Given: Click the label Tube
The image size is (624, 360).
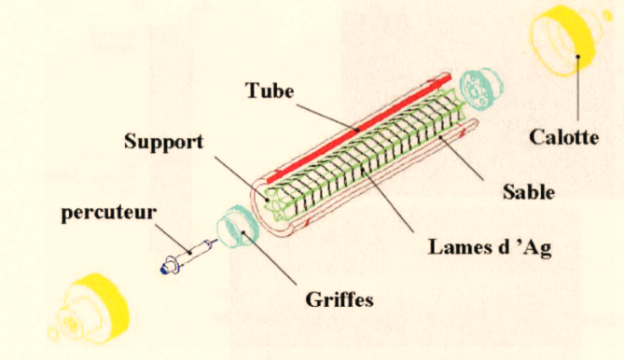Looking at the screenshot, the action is click(x=270, y=90).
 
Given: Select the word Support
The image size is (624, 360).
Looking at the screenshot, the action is click(x=163, y=142).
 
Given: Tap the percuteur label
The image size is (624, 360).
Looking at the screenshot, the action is click(x=108, y=213).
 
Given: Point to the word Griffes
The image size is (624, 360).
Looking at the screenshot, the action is click(x=340, y=299).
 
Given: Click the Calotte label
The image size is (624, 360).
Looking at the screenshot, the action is click(x=564, y=138).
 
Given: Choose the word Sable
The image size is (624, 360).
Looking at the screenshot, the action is click(x=529, y=192).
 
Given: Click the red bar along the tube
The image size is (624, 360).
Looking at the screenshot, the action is click(x=358, y=130).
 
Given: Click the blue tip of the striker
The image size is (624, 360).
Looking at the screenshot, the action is click(x=165, y=270).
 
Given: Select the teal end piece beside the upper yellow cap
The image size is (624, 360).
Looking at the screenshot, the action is click(x=480, y=89).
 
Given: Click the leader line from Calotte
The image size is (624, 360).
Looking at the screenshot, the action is click(x=578, y=88).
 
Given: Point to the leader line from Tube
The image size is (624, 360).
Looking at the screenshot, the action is click(x=327, y=118).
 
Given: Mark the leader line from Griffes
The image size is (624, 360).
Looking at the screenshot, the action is click(x=269, y=257).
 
